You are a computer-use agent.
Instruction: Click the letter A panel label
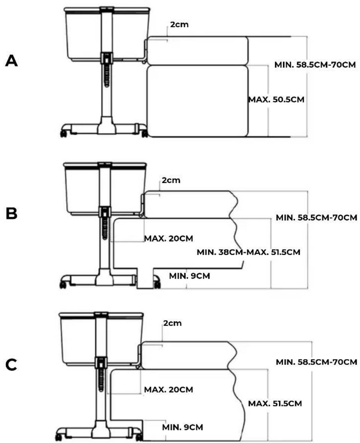pos(12,61)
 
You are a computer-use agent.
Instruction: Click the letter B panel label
pos(12,214)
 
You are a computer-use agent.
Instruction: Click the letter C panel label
pos(11,365)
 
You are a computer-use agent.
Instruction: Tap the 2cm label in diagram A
pos(179,24)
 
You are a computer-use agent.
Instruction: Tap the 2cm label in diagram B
pos(171,180)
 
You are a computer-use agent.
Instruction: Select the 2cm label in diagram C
pos(173,323)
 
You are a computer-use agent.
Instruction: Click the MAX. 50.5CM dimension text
pos(276,100)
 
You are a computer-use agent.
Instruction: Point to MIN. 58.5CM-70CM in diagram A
pos(315,65)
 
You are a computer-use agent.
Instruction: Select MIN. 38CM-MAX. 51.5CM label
pos(248,252)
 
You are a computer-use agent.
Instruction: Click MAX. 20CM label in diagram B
pos(169,238)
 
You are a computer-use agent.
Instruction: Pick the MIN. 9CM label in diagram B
pos(190,276)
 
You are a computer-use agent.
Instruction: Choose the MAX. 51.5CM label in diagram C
pos(275,403)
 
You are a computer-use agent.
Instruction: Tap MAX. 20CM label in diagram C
pos(169,389)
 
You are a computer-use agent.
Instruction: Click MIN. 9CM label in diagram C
pos(183,427)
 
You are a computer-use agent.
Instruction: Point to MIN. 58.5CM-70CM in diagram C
pos(317,362)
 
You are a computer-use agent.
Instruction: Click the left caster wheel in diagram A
pos(64,133)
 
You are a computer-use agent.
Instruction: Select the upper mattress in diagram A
pos(198,51)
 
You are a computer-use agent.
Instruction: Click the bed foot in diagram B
pos(145,278)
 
